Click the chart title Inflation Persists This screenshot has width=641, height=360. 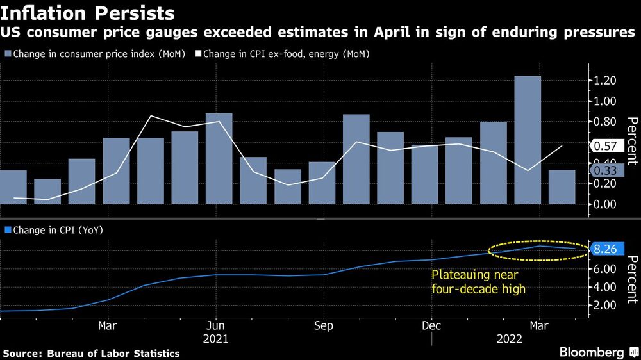tap(87, 13)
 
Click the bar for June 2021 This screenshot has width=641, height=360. tap(219, 159)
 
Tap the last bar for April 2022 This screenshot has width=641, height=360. tap(562, 187)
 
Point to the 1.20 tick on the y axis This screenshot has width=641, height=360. tap(604, 81)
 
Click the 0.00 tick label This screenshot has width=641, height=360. tap(604, 204)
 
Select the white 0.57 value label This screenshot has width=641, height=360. tap(604, 146)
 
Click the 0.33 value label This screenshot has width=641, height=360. tap(604, 170)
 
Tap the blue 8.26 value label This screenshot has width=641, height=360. tap(604, 250)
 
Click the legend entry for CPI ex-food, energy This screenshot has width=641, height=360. tap(286, 54)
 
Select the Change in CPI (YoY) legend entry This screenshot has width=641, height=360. tap(54, 229)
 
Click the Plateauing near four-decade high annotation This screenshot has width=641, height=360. tap(478, 281)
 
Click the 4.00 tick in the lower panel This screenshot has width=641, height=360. tap(604, 286)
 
